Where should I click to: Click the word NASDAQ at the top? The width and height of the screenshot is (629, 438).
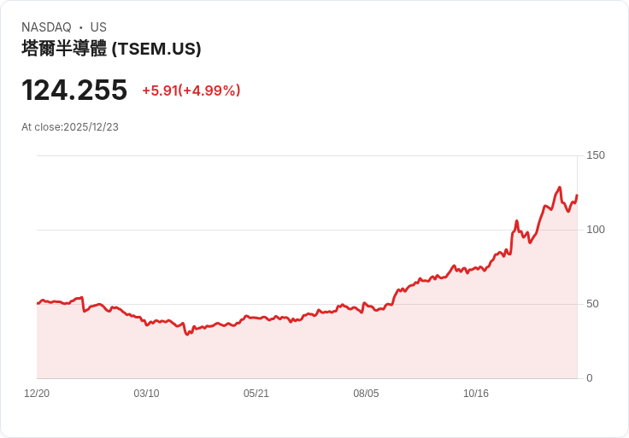point(46,27)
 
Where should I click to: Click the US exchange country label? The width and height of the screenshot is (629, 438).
point(98,27)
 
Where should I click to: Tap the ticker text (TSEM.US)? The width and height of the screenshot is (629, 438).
point(156,49)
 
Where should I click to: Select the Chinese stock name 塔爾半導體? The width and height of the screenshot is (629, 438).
point(64,49)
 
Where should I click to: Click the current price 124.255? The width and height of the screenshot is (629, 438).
point(74,90)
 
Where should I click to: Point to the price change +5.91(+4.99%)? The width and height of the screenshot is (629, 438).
point(191,91)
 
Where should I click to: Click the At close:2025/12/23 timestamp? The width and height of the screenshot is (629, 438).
point(70,127)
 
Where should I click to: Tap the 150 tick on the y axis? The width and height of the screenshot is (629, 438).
point(596,155)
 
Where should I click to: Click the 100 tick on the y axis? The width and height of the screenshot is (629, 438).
point(596,230)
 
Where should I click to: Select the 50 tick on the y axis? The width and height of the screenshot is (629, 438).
point(593,304)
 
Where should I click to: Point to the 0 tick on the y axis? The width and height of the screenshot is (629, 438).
point(590,378)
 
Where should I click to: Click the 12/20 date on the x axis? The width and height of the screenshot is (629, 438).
point(37,394)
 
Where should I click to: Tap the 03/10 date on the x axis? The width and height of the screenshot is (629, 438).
point(146,394)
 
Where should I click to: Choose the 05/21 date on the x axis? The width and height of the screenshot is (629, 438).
point(256,394)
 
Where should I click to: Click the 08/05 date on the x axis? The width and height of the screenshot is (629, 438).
point(366,394)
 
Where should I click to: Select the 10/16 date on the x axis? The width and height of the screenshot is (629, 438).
point(476,394)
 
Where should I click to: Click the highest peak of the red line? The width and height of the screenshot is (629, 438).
point(559,188)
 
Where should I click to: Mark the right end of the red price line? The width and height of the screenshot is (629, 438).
point(577,196)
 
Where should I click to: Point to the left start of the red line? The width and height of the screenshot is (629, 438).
point(38,303)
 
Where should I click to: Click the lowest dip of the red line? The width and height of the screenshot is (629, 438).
point(187,334)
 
